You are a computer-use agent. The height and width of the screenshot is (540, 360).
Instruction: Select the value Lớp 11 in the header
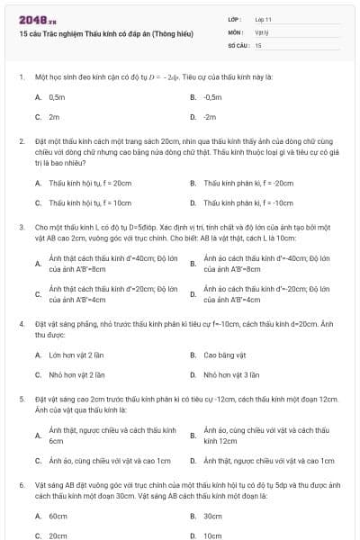[x=264, y=18]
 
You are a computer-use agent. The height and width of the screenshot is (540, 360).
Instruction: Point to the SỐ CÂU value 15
[x=258, y=44]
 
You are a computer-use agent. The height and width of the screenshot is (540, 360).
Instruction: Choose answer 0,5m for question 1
[x=57, y=95]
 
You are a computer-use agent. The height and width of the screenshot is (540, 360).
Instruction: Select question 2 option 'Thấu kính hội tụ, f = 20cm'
[x=89, y=182]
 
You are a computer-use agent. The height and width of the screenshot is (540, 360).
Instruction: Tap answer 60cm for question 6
[x=58, y=516]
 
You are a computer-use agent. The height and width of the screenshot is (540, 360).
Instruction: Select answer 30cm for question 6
[x=212, y=516]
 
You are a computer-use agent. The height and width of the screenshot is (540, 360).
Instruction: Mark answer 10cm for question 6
[x=212, y=535]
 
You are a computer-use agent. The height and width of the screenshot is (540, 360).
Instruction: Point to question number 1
[x=21, y=77]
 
